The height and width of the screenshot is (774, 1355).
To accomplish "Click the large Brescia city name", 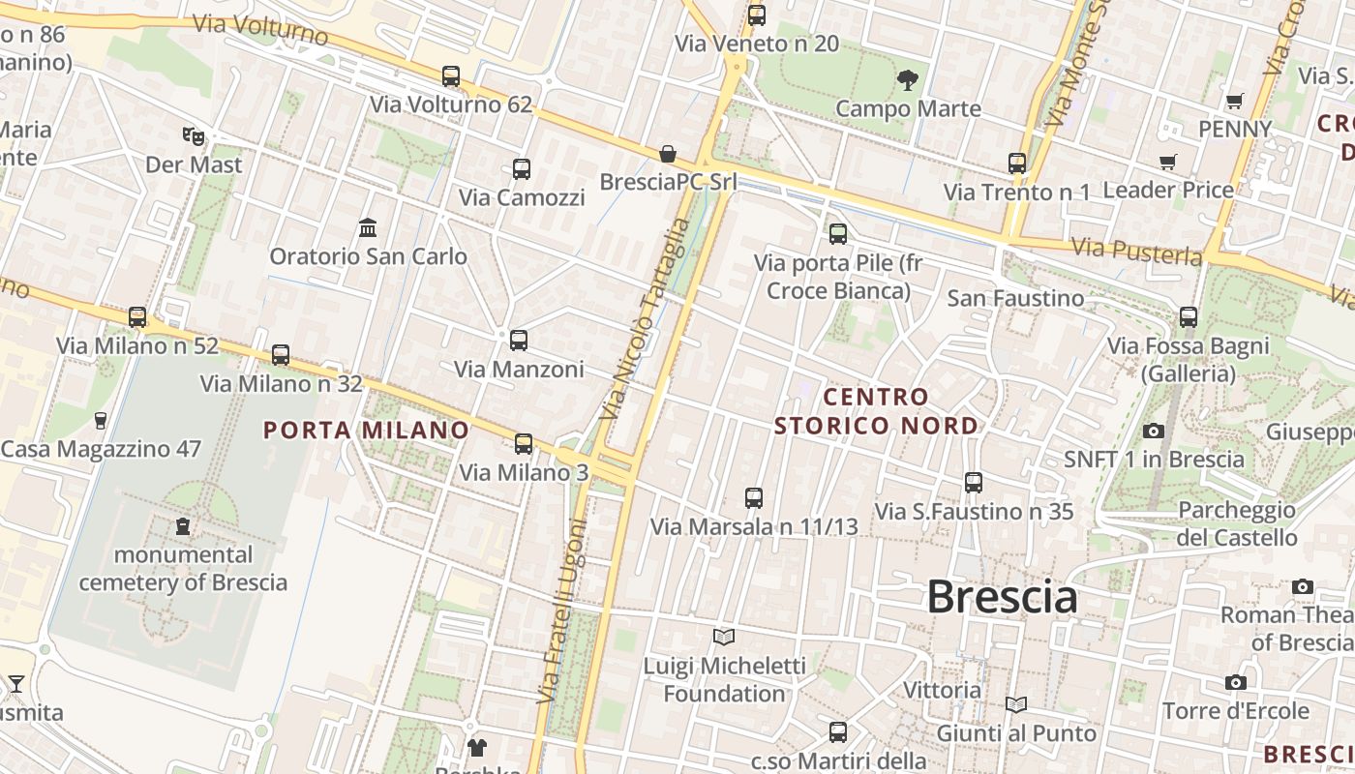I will tap(1002, 597).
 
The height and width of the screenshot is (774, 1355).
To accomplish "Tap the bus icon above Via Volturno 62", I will tap(451, 75).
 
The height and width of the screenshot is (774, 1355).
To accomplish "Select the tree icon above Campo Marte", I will tap(907, 80).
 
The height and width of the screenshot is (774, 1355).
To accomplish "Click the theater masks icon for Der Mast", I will tap(194, 136).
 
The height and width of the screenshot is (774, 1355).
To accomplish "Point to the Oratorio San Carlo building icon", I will tap(368, 228).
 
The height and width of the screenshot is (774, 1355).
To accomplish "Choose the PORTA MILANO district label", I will tap(366, 430).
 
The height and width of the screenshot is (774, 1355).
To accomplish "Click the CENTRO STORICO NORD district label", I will tap(876, 411).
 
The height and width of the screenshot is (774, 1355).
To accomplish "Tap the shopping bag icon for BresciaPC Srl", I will tap(668, 154).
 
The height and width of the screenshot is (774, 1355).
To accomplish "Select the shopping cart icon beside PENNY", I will tap(1234, 101).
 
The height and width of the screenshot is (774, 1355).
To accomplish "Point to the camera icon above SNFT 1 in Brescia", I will tap(1154, 431).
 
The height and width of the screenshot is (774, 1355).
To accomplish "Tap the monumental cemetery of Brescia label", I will tap(183, 569).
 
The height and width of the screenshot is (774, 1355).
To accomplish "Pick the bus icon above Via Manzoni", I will tap(519, 341).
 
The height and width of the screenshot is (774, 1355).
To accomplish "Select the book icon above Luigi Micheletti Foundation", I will tap(724, 637).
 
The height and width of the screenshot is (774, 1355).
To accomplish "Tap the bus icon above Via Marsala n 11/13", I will tap(754, 498).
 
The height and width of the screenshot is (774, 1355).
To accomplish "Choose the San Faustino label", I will tap(1015, 298).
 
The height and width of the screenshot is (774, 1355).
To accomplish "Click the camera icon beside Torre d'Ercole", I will tap(1235, 683).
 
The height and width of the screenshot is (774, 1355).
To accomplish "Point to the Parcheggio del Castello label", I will tap(1237, 523).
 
